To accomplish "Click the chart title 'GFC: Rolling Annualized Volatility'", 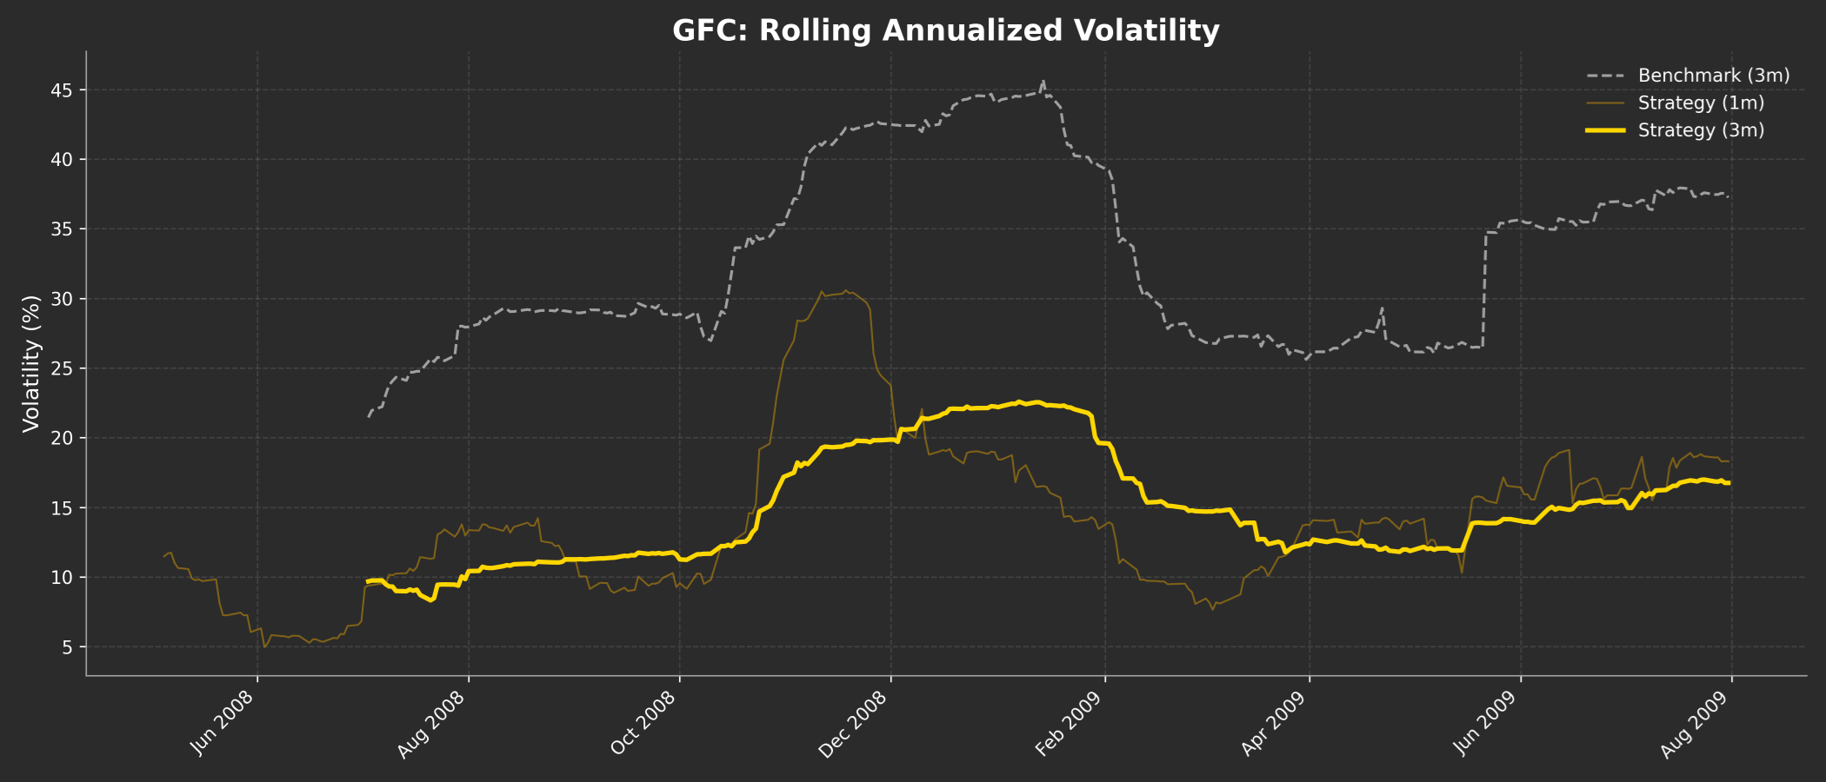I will [945, 30].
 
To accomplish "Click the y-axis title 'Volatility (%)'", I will [31, 363].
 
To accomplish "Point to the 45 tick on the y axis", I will [67, 90].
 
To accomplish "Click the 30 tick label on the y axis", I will [67, 299].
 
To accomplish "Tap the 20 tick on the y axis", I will [67, 438].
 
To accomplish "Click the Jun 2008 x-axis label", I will [223, 723].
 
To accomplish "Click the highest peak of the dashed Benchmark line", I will [1043, 82].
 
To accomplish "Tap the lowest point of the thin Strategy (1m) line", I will [264, 647].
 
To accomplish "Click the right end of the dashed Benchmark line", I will [1729, 196].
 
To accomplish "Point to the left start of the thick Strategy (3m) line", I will [368, 581].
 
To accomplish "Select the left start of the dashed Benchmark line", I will [368, 417].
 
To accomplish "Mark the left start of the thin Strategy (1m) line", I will [163, 557].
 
